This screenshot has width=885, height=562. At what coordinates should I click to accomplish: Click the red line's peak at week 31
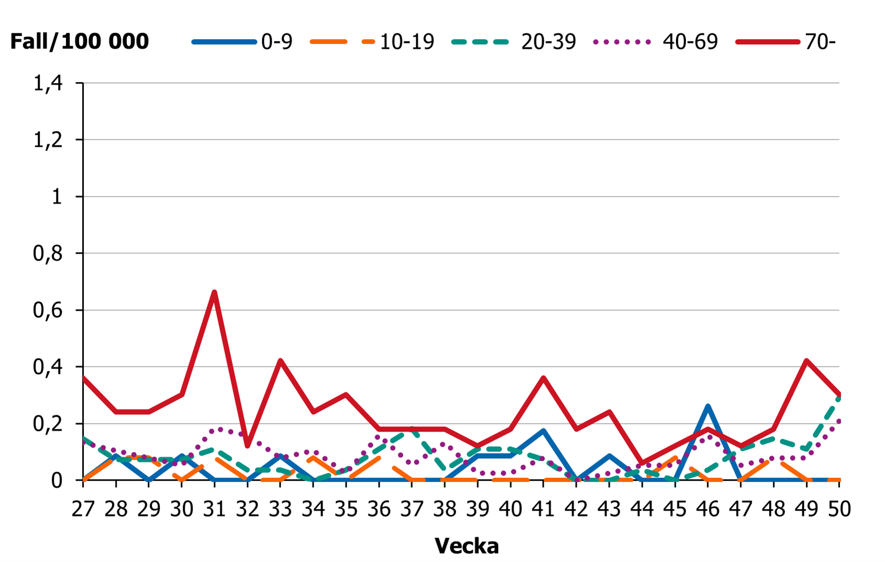coord(214,292)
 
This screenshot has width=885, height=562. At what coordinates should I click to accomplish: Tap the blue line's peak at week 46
coord(708,406)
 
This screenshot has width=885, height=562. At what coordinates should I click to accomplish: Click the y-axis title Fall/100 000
coord(80,41)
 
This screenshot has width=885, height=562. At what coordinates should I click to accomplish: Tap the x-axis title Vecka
coord(466,546)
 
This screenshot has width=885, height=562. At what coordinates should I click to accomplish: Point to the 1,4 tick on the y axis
coord(48,83)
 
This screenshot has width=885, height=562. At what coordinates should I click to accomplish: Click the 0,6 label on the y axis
coord(48,310)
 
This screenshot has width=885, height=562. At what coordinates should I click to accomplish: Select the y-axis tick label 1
coord(57,197)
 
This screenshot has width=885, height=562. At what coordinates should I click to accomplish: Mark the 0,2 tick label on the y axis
coord(48,424)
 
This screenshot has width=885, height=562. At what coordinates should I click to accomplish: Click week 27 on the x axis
coord(83,509)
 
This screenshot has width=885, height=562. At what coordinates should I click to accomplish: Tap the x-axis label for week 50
coord(839,509)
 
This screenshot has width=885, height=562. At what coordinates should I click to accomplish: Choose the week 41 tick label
coord(543,509)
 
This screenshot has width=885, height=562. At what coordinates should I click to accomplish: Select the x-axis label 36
coord(379,509)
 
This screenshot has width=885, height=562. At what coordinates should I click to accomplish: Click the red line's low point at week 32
coord(247,446)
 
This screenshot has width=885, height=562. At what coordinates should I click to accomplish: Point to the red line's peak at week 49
coord(806,361)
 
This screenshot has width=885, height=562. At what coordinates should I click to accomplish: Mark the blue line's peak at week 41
coord(543,431)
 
